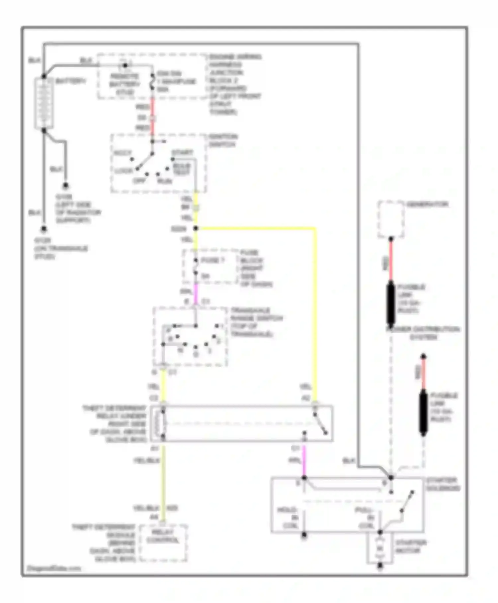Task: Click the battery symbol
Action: click(44, 103)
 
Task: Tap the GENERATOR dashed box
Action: click(391, 219)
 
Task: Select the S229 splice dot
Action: click(196, 228)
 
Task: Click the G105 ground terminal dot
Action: click(66, 185)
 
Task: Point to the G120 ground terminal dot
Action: click(43, 229)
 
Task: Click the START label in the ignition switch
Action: click(182, 153)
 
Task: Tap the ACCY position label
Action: click(123, 153)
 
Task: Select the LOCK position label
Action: click(124, 171)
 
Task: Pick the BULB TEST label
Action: click(182, 169)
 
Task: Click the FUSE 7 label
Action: click(212, 260)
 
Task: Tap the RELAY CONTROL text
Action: click(163, 536)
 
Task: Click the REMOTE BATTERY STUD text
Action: click(124, 84)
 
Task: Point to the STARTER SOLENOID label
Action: click(443, 484)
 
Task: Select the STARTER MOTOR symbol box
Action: click(380, 548)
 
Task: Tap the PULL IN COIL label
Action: click(365, 518)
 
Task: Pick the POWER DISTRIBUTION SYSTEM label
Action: click(423, 333)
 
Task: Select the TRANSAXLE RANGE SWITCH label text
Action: click(256, 322)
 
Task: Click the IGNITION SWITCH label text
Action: click(223, 141)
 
